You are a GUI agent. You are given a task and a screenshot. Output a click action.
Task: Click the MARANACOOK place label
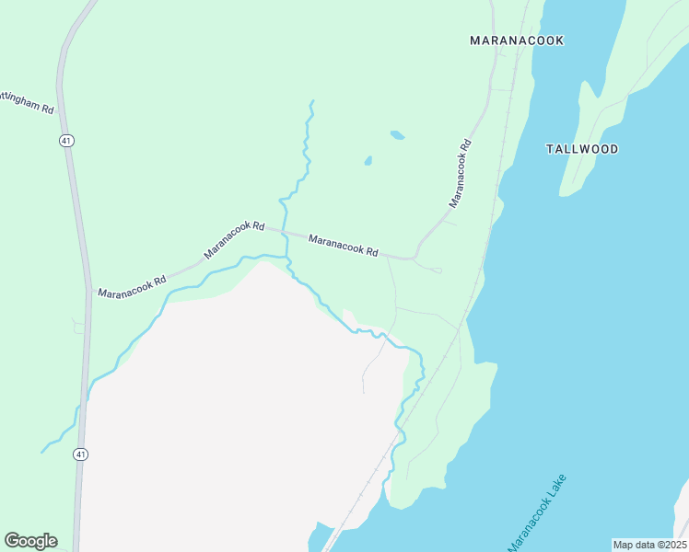(x=516, y=40)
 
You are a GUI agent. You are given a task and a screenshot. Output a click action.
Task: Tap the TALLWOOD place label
(x=581, y=149)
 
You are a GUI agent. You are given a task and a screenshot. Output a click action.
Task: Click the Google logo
(x=30, y=540)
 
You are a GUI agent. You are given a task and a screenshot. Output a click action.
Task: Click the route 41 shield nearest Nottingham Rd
(x=65, y=140)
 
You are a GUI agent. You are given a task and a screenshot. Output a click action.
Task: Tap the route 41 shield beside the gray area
(x=82, y=454)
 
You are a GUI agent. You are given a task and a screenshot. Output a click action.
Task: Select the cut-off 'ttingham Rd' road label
(x=27, y=101)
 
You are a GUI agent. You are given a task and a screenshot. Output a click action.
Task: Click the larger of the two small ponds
(x=397, y=135)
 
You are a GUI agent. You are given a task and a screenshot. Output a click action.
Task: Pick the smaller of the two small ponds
(x=368, y=161)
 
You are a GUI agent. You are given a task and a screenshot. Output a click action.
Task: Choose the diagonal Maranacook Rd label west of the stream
(x=235, y=238)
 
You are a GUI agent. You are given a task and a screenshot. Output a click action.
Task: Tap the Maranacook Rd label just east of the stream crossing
(x=343, y=246)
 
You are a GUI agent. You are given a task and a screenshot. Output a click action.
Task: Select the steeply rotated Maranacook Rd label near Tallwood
(x=460, y=172)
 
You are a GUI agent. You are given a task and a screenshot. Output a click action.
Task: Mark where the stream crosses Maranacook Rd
(x=284, y=234)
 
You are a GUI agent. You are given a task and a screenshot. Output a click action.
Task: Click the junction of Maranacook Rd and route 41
(x=89, y=297)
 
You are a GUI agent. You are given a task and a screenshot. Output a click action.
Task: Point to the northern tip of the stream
(x=312, y=101)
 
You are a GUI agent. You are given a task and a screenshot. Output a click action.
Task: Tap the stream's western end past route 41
(x=42, y=452)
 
